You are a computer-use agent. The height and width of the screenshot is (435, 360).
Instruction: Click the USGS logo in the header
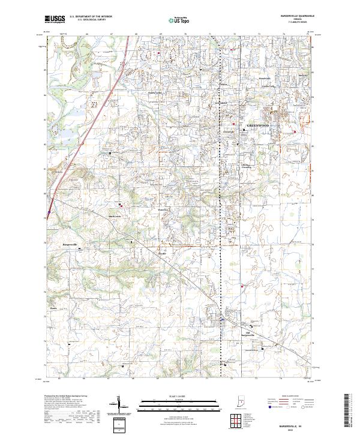(x=56, y=19)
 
